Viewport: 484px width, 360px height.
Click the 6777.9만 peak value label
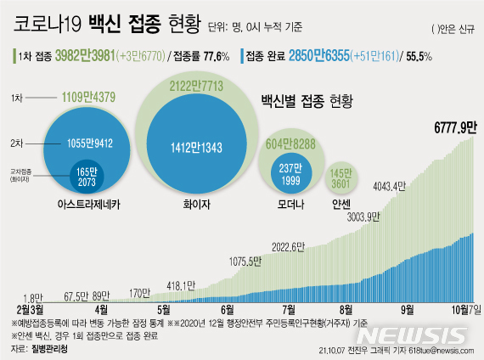click(453, 127)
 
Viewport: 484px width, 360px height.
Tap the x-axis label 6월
click(228, 311)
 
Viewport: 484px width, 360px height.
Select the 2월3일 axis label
click(30, 311)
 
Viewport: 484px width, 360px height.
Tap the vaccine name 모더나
click(290, 204)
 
